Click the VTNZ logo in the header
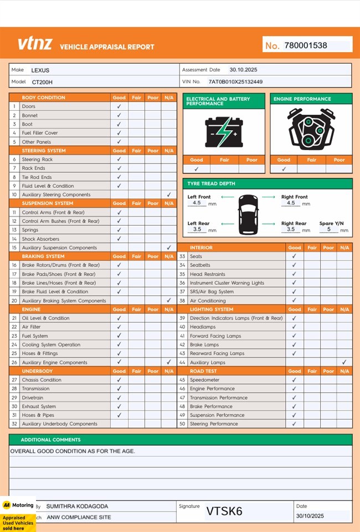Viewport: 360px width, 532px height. (35, 44)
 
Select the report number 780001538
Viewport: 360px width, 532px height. (306, 45)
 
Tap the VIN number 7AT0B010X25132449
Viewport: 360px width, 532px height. (235, 81)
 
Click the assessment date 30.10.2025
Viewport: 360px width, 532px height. (243, 70)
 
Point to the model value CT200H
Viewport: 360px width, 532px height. (42, 81)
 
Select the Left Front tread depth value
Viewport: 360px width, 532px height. (197, 203)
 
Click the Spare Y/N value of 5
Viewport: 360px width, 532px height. (328, 229)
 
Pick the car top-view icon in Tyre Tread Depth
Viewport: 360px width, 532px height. (248, 213)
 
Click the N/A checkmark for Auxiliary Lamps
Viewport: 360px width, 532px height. (344, 362)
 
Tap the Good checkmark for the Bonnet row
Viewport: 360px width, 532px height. (119, 115)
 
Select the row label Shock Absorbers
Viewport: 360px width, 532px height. (40, 239)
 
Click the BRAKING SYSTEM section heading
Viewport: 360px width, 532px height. (43, 257)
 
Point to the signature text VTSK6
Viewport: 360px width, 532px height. (224, 511)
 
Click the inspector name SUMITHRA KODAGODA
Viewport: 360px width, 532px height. (77, 506)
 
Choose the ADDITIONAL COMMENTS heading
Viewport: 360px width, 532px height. (50, 439)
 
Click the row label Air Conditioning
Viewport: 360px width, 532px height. (208, 300)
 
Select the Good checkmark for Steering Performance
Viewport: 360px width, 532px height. (294, 424)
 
